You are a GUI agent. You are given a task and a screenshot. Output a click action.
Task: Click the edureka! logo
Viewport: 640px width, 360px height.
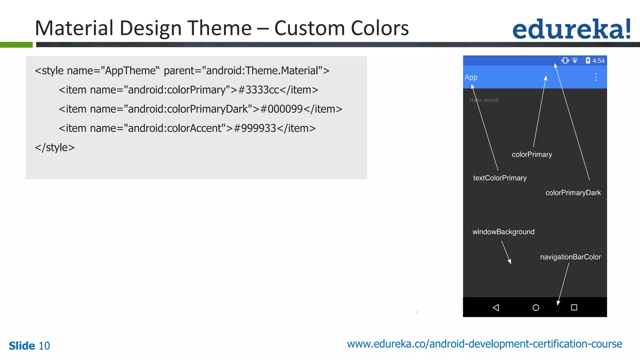click(571, 29)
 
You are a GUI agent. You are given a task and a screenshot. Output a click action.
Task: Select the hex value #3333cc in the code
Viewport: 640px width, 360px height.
click(258, 90)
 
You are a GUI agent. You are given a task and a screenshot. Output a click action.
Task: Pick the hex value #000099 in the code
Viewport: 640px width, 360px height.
click(281, 109)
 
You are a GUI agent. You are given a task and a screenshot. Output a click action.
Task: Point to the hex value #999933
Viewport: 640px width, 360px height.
click(255, 128)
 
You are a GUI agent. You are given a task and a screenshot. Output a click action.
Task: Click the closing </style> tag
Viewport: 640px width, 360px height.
click(55, 147)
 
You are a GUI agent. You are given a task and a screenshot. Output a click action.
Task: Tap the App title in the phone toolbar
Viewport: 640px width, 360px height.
click(471, 77)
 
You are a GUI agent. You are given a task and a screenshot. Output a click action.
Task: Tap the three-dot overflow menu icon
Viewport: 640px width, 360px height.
click(596, 77)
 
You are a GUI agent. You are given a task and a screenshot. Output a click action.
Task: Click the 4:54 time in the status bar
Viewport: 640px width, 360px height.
click(598, 61)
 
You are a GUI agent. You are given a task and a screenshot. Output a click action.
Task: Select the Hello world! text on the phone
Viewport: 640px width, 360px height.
click(484, 100)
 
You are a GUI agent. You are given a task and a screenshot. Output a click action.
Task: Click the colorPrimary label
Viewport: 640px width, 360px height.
click(532, 154)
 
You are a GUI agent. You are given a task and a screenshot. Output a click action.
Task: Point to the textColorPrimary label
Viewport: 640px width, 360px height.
click(500, 178)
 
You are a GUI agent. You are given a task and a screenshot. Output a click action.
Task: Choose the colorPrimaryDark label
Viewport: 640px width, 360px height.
click(573, 193)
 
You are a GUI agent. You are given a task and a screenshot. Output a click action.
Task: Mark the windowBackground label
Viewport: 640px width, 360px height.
click(503, 232)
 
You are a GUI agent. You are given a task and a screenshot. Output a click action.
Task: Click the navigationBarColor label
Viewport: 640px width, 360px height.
click(570, 257)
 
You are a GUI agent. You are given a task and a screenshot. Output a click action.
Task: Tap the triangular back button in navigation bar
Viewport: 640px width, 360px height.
click(496, 307)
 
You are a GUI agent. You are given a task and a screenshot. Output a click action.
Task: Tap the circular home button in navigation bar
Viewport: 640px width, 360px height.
click(536, 307)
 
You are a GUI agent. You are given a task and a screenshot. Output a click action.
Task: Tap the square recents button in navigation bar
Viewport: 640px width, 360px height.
click(574, 307)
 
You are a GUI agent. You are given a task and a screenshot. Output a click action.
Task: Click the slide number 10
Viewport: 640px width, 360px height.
click(44, 346)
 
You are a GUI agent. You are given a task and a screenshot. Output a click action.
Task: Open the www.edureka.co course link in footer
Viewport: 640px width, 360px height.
click(484, 344)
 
